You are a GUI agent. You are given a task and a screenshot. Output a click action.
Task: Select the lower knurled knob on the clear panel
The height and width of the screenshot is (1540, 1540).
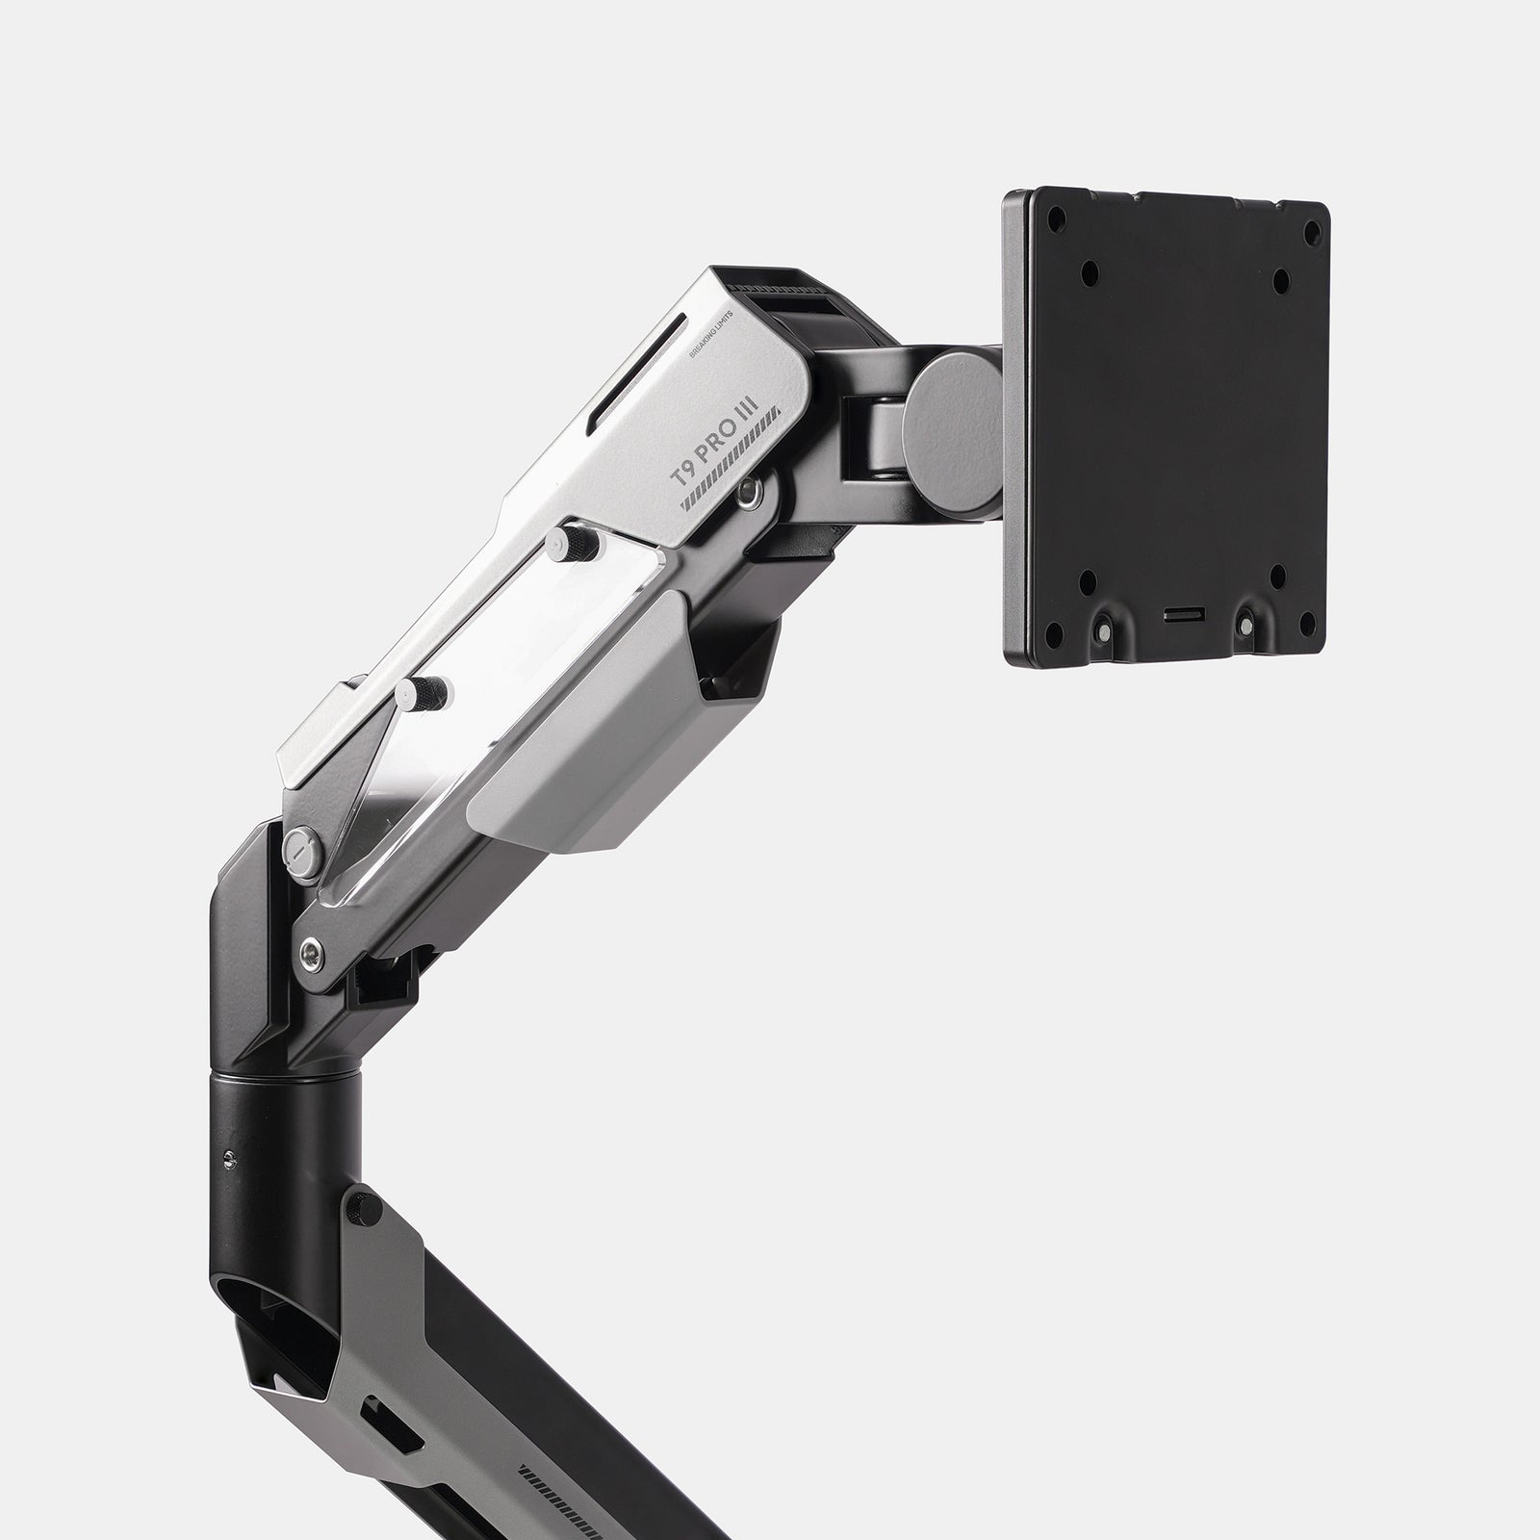coord(423,690)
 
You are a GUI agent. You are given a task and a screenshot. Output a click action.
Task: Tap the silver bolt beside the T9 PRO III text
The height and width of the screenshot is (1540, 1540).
coord(750,492)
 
